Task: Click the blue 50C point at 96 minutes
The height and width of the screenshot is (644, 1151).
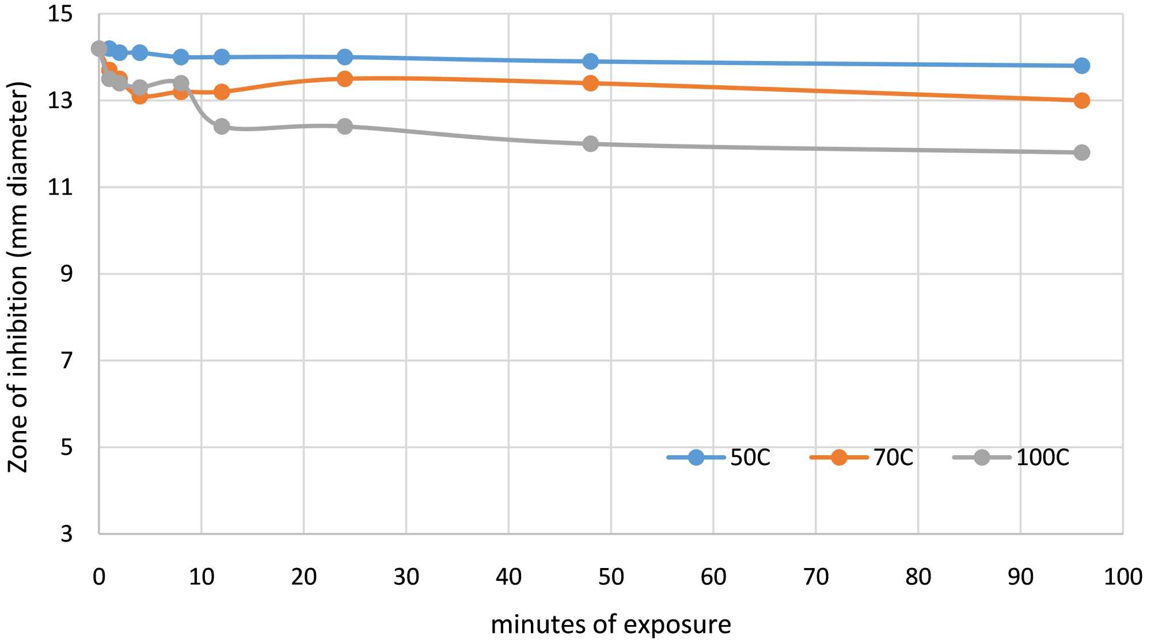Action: click(1081, 66)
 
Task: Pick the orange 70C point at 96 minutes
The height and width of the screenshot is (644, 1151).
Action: click(1081, 101)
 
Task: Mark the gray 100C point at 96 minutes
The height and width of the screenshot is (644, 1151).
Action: click(1081, 153)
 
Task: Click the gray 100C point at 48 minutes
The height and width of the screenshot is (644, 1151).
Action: click(590, 144)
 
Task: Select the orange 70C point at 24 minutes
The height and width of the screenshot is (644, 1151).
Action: click(344, 79)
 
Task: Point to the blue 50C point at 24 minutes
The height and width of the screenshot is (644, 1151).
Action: click(344, 57)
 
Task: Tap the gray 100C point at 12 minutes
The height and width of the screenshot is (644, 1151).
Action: click(222, 127)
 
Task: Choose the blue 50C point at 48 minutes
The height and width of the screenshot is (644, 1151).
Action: click(590, 61)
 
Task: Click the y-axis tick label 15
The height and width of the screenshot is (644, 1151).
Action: click(60, 14)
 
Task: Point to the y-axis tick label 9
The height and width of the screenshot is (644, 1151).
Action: click(67, 274)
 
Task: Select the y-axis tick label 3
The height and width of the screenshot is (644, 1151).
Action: click(67, 534)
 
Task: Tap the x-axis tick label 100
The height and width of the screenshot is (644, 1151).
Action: click(1122, 577)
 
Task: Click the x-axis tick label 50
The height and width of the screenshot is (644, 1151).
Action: click(611, 577)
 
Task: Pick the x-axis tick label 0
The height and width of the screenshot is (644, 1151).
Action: click(99, 577)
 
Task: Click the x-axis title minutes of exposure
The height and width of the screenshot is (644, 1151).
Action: click(611, 625)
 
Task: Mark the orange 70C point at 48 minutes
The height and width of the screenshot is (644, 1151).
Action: click(590, 83)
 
